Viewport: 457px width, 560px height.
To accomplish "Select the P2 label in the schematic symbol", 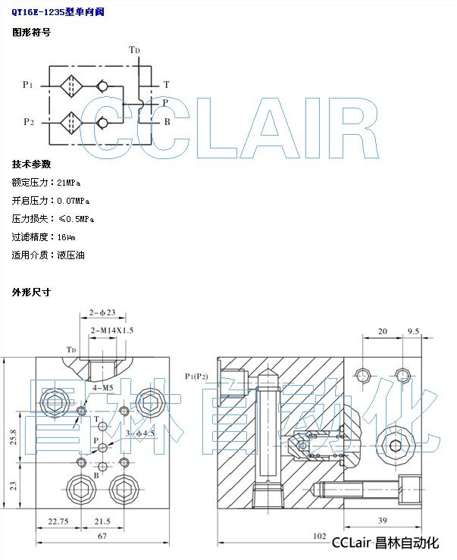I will [28, 121].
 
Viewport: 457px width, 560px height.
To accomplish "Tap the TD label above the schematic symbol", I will [134, 50].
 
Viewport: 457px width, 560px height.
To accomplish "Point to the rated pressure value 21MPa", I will [69, 183].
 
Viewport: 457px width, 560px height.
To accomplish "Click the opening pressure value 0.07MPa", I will [74, 201].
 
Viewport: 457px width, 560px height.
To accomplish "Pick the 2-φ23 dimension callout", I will [102, 311].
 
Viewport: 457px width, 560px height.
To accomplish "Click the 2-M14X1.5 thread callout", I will [112, 330].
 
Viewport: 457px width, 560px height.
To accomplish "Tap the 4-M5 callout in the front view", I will [104, 388].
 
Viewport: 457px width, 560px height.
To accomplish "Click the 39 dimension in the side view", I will [383, 521].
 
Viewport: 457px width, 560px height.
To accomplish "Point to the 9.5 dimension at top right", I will [414, 331].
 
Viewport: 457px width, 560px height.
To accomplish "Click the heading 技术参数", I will [31, 164].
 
